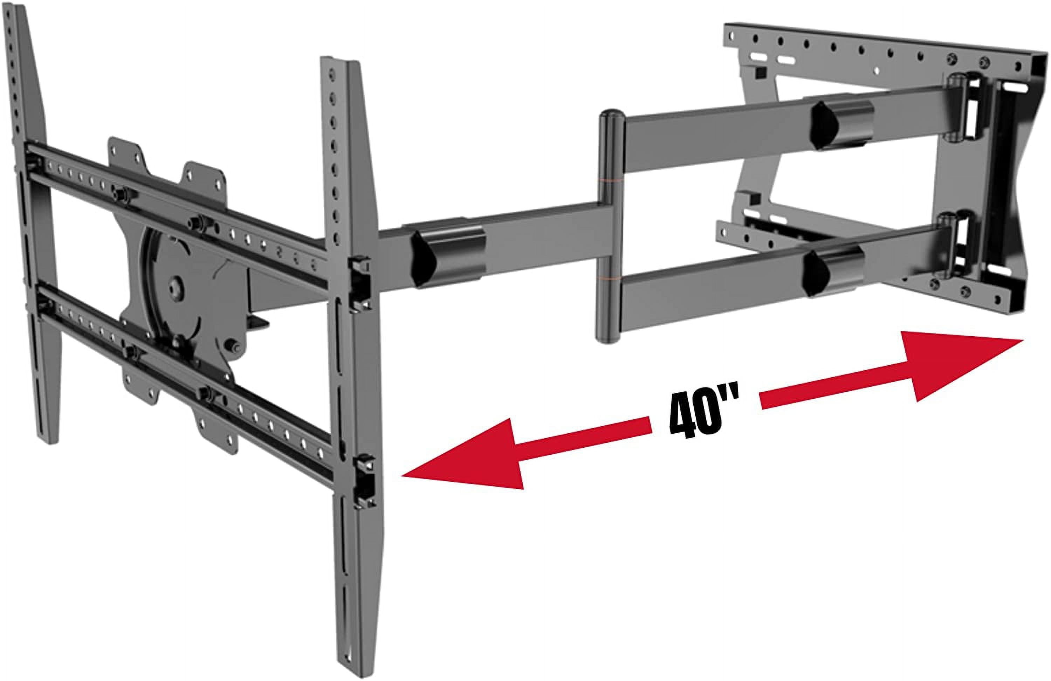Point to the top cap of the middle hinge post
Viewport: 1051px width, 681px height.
(x=611, y=116)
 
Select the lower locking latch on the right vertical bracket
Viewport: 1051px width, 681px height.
(x=365, y=479)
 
